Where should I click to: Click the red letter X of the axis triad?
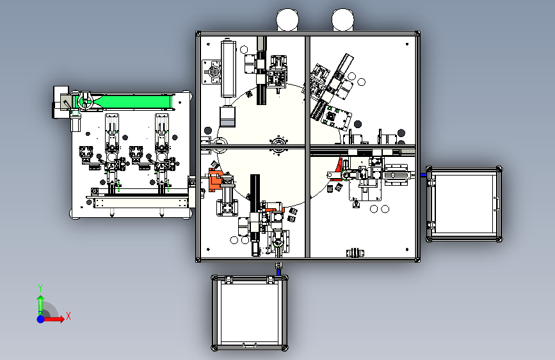68,316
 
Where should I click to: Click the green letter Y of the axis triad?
40,288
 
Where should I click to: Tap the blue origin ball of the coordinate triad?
41,319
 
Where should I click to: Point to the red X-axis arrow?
54,319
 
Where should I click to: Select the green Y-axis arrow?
41,305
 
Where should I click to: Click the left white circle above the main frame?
287,20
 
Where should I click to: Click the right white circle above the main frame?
342,20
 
